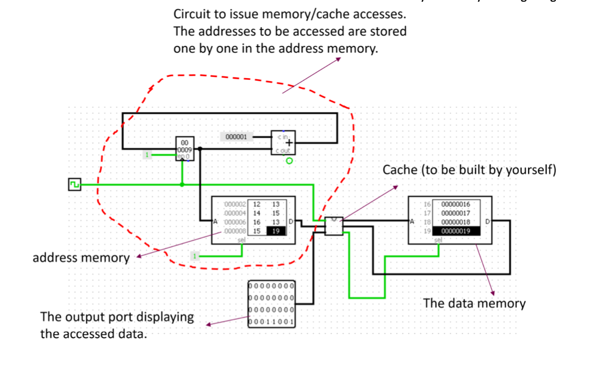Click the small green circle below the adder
pos(289,161)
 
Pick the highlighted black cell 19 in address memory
pos(276,231)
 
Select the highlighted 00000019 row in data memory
pos(456,231)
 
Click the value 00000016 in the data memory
pos(456,204)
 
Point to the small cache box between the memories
pos(334,225)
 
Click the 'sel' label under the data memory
pos(438,240)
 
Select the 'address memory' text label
pos(81,258)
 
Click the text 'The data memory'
pos(474,303)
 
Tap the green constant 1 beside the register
pos(148,154)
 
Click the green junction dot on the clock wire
pos(182,184)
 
